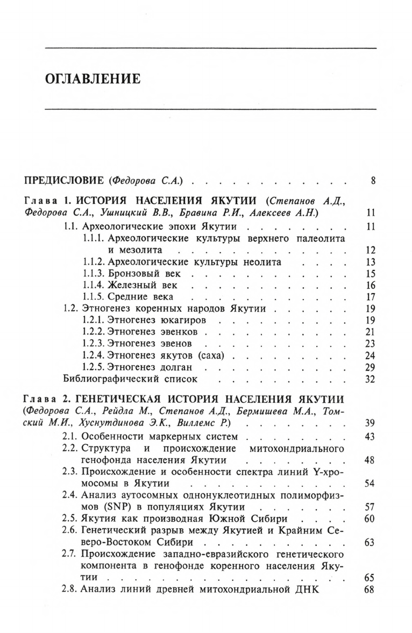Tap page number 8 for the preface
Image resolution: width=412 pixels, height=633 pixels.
point(372,180)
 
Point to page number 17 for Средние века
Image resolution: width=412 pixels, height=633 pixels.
point(369,297)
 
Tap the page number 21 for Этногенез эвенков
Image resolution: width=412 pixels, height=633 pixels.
point(369,331)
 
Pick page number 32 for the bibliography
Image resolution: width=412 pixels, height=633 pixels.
point(369,379)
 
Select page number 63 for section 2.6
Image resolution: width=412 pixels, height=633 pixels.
point(369,542)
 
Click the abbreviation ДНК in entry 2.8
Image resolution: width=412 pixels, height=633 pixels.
point(308,590)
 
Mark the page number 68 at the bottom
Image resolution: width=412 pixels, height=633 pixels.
point(369,590)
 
